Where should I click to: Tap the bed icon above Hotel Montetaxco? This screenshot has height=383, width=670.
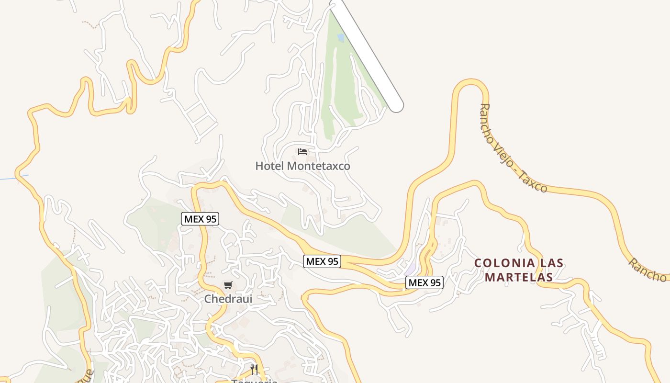(x=302, y=152)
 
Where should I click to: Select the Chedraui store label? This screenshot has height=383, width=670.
(x=228, y=299)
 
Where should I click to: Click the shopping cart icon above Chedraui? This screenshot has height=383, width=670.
(x=228, y=285)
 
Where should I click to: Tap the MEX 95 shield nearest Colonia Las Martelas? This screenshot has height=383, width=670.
(x=424, y=282)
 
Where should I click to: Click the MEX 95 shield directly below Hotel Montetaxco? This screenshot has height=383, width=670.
(x=322, y=261)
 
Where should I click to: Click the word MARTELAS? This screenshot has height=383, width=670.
(x=519, y=277)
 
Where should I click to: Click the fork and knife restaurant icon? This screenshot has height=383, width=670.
(x=254, y=370)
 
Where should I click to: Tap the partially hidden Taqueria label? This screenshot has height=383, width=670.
(x=254, y=381)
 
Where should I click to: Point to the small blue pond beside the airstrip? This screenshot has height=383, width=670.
(x=340, y=37)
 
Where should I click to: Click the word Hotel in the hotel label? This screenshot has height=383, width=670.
(x=270, y=166)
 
